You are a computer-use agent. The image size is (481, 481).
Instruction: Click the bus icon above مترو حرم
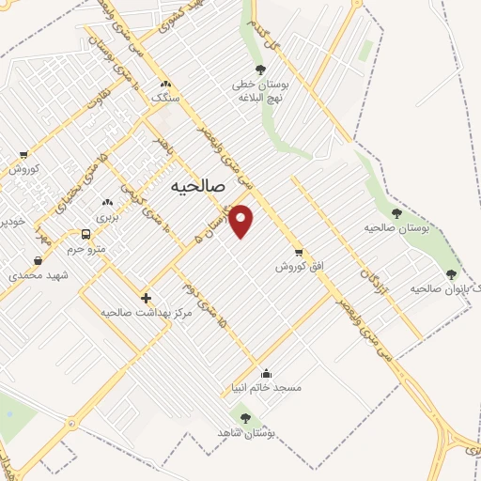tap(86, 234)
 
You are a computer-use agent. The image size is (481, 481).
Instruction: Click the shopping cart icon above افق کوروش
tap(299, 252)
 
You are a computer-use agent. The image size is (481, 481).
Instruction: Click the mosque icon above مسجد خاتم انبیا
tap(267, 372)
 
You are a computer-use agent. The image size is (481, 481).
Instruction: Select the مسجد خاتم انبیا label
tap(267, 387)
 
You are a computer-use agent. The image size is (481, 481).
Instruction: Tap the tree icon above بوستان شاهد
tap(246, 418)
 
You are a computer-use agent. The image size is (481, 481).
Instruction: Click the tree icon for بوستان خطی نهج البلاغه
tap(260, 70)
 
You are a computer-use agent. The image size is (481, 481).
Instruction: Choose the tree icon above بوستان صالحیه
tap(396, 213)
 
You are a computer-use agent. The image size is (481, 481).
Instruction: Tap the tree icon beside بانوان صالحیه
tap(451, 274)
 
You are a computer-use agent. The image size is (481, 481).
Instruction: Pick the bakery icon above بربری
tap(107, 202)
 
